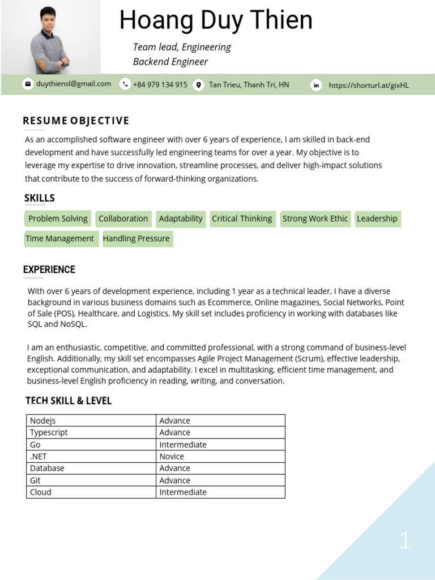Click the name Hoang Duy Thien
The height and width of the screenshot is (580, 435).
click(216, 21)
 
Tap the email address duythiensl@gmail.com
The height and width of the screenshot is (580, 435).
click(74, 84)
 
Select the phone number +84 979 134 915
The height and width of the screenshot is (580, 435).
click(160, 84)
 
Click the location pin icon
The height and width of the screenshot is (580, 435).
click(198, 85)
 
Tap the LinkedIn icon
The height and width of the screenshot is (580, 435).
click(316, 85)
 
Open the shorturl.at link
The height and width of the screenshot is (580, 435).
click(368, 86)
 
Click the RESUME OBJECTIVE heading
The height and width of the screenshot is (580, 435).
click(76, 121)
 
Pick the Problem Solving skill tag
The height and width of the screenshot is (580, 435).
click(58, 219)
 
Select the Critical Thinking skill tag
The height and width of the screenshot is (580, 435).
click(242, 219)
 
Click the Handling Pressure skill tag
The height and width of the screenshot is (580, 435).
click(136, 238)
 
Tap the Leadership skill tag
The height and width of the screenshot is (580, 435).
click(377, 219)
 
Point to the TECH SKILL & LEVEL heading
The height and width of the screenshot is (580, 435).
click(69, 401)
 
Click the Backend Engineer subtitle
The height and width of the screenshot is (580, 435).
click(170, 62)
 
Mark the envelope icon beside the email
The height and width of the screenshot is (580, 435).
click(27, 84)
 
